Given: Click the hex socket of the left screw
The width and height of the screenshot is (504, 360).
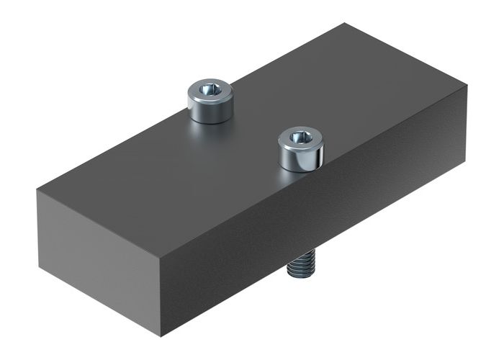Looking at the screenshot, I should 210,90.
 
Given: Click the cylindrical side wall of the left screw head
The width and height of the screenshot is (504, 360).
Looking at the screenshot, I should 210,111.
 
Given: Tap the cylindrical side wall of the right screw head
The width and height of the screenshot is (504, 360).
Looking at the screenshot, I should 300,160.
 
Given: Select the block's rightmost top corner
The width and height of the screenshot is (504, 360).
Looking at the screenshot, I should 467,86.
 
